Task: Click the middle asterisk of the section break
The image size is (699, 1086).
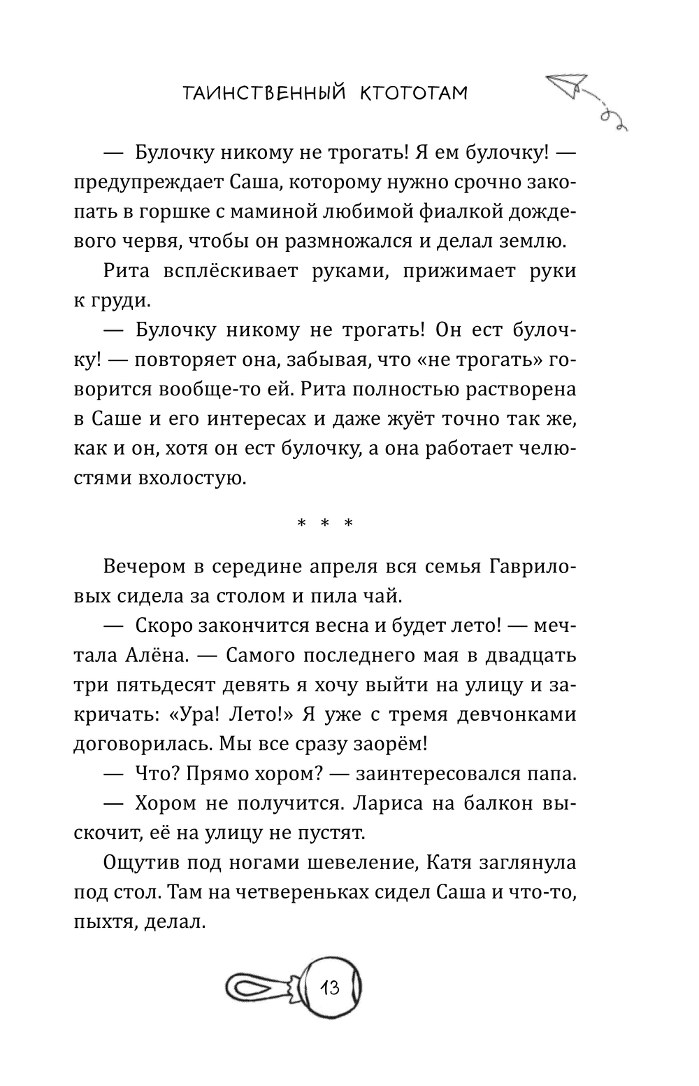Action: [x=325, y=523]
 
